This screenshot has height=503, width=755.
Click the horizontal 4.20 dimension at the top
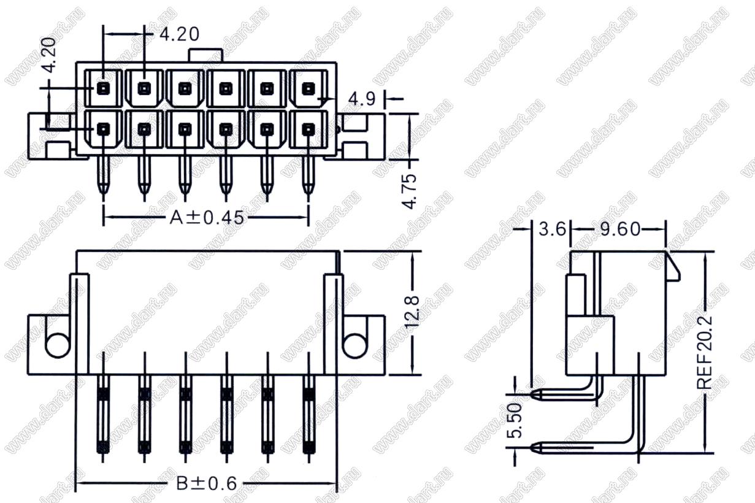[179, 34]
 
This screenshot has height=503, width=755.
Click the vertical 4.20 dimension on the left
[49, 55]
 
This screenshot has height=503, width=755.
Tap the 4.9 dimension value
[362, 99]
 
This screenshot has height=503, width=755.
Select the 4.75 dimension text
[410, 191]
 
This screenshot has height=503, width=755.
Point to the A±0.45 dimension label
[207, 217]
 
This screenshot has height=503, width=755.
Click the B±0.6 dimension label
[206, 484]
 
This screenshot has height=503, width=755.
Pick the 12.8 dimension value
[412, 312]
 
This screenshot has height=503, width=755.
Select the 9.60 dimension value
[620, 229]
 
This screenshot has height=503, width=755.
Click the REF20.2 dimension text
[705, 352]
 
